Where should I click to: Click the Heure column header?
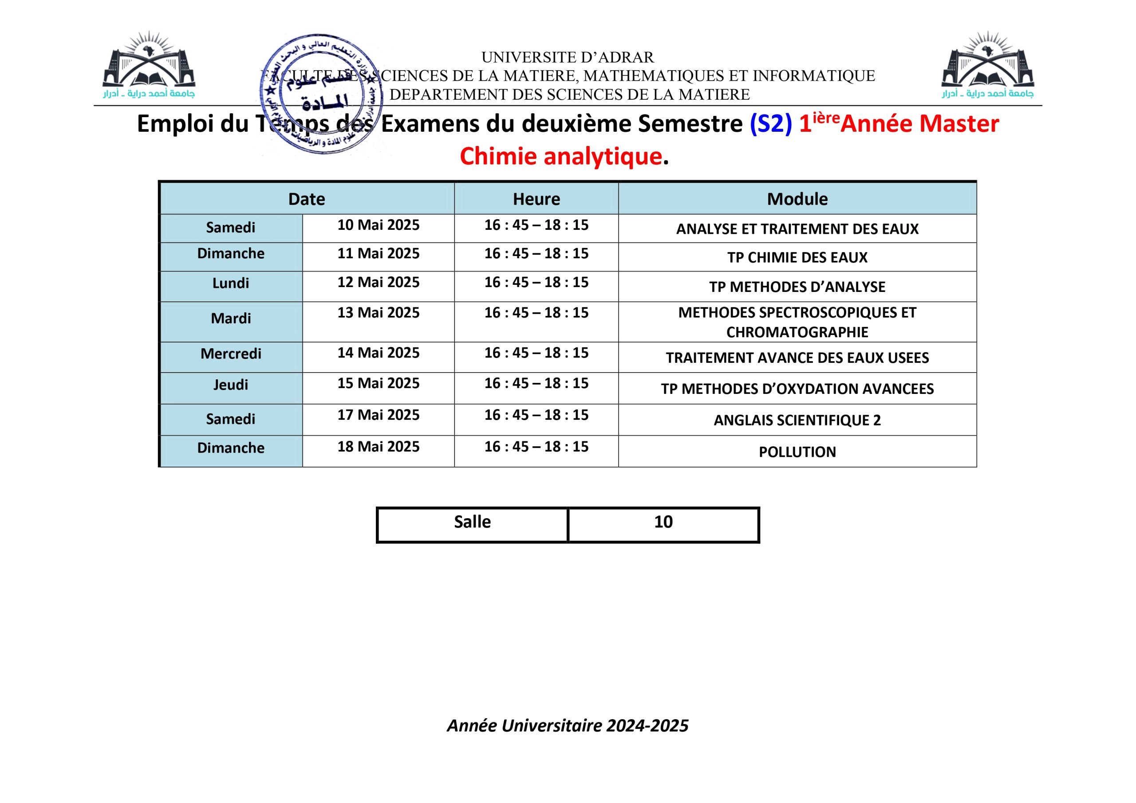(536, 199)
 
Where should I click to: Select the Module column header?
(797, 199)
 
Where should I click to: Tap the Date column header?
(307, 199)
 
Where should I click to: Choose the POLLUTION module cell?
(797, 452)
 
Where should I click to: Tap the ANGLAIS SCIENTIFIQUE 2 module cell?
(797, 420)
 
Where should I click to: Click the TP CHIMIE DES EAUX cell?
(797, 257)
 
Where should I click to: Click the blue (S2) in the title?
(770, 124)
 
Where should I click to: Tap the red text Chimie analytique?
(560, 156)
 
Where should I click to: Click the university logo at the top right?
(988, 64)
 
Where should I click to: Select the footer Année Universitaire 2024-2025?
(568, 725)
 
